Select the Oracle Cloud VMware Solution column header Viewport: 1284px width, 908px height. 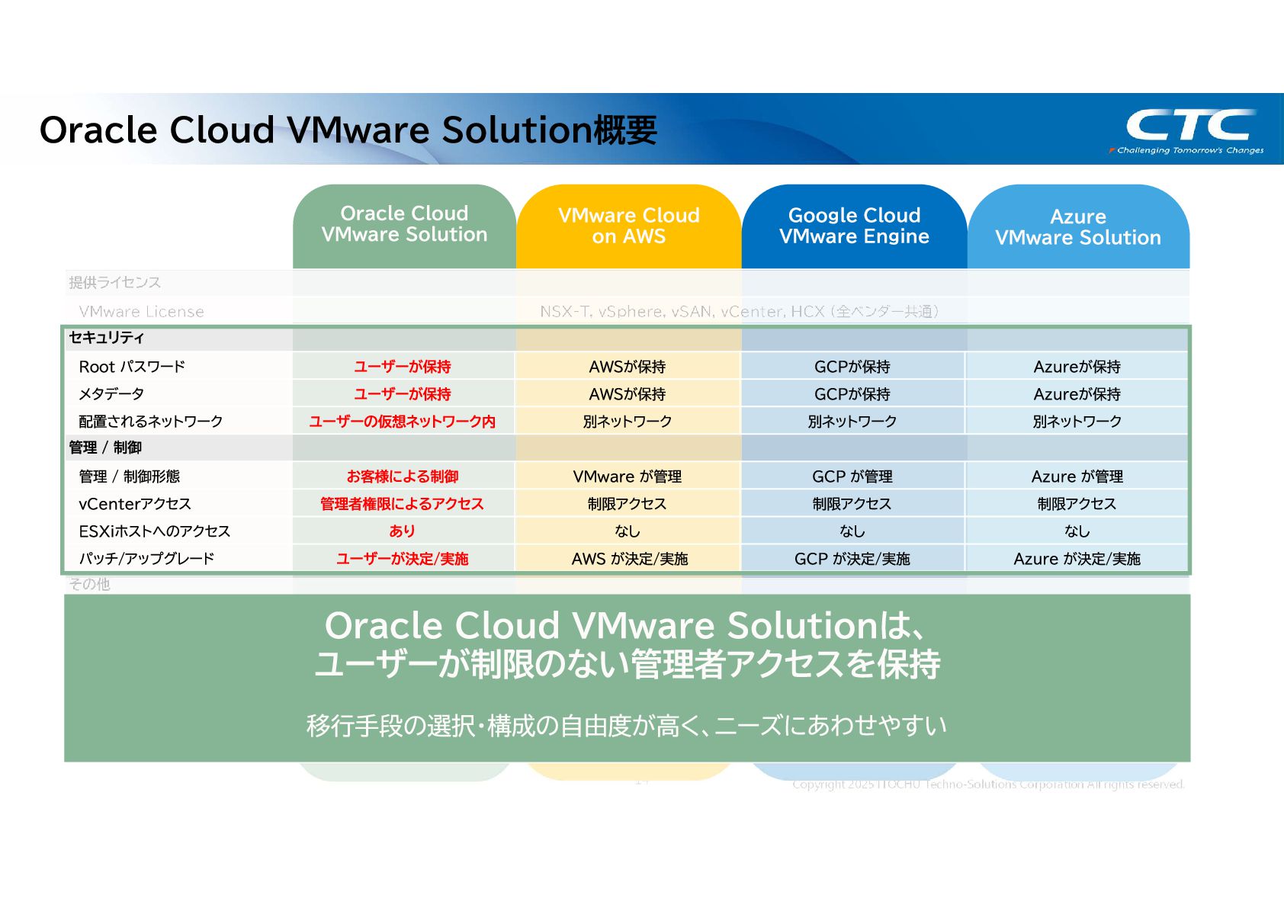pos(404,224)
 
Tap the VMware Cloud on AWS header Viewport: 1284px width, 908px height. pos(628,226)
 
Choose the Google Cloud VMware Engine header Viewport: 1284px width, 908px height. pos(854,226)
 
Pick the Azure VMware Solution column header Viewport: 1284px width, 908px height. pos(1077,227)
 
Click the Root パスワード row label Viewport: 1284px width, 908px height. pos(132,367)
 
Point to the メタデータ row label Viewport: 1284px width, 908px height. pos(111,394)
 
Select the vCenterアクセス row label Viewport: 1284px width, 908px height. pos(135,504)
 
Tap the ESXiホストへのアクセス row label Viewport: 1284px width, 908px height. pos(154,531)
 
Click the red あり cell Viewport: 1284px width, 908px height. pos(403,531)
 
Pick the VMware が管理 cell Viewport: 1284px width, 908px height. pos(628,476)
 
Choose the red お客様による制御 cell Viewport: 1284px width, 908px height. pos(403,476)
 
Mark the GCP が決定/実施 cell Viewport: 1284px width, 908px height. pos(852,559)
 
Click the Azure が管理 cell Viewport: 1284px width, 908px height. pos(1077,476)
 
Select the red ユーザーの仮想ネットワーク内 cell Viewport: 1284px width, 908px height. pos(403,422)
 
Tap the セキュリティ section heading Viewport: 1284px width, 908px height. pos(107,338)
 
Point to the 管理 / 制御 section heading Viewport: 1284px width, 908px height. pos(105,448)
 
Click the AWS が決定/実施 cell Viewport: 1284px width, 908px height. pos(629,559)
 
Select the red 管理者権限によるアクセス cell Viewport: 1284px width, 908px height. pos(403,504)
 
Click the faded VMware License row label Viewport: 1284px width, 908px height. pos(141,312)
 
